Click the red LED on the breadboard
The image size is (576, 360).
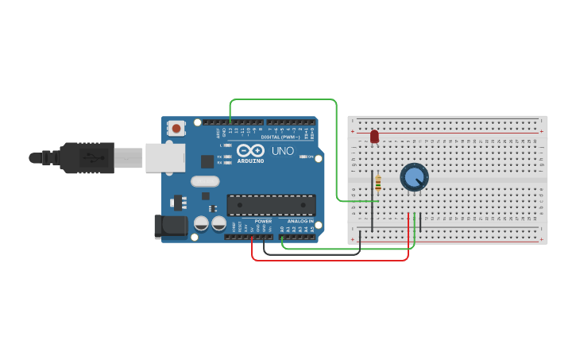coord(374,137)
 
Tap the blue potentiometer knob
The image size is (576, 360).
coord(413,176)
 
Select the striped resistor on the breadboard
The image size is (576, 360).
coord(377,183)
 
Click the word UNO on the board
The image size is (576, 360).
coord(283,151)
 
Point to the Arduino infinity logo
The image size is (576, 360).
coord(250,150)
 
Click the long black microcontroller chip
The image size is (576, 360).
coord(271,205)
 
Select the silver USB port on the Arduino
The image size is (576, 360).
coord(164,157)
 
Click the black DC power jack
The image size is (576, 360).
coord(170,226)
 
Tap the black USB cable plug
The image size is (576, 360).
coord(87,157)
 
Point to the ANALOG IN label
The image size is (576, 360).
coord(300,221)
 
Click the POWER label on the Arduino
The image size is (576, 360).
coord(262,221)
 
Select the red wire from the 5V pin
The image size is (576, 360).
coord(330,260)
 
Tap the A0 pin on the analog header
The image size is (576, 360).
coord(281,236)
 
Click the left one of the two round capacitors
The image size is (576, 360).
coord(201,224)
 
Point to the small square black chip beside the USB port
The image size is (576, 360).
coord(207,161)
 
